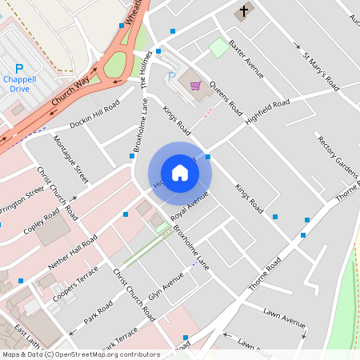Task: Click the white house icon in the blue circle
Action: [x=180, y=172]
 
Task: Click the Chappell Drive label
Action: [x=20, y=84]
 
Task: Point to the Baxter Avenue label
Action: [x=246, y=58]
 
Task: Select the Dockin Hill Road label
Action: [x=94, y=115]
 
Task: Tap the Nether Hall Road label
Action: [x=73, y=250]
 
